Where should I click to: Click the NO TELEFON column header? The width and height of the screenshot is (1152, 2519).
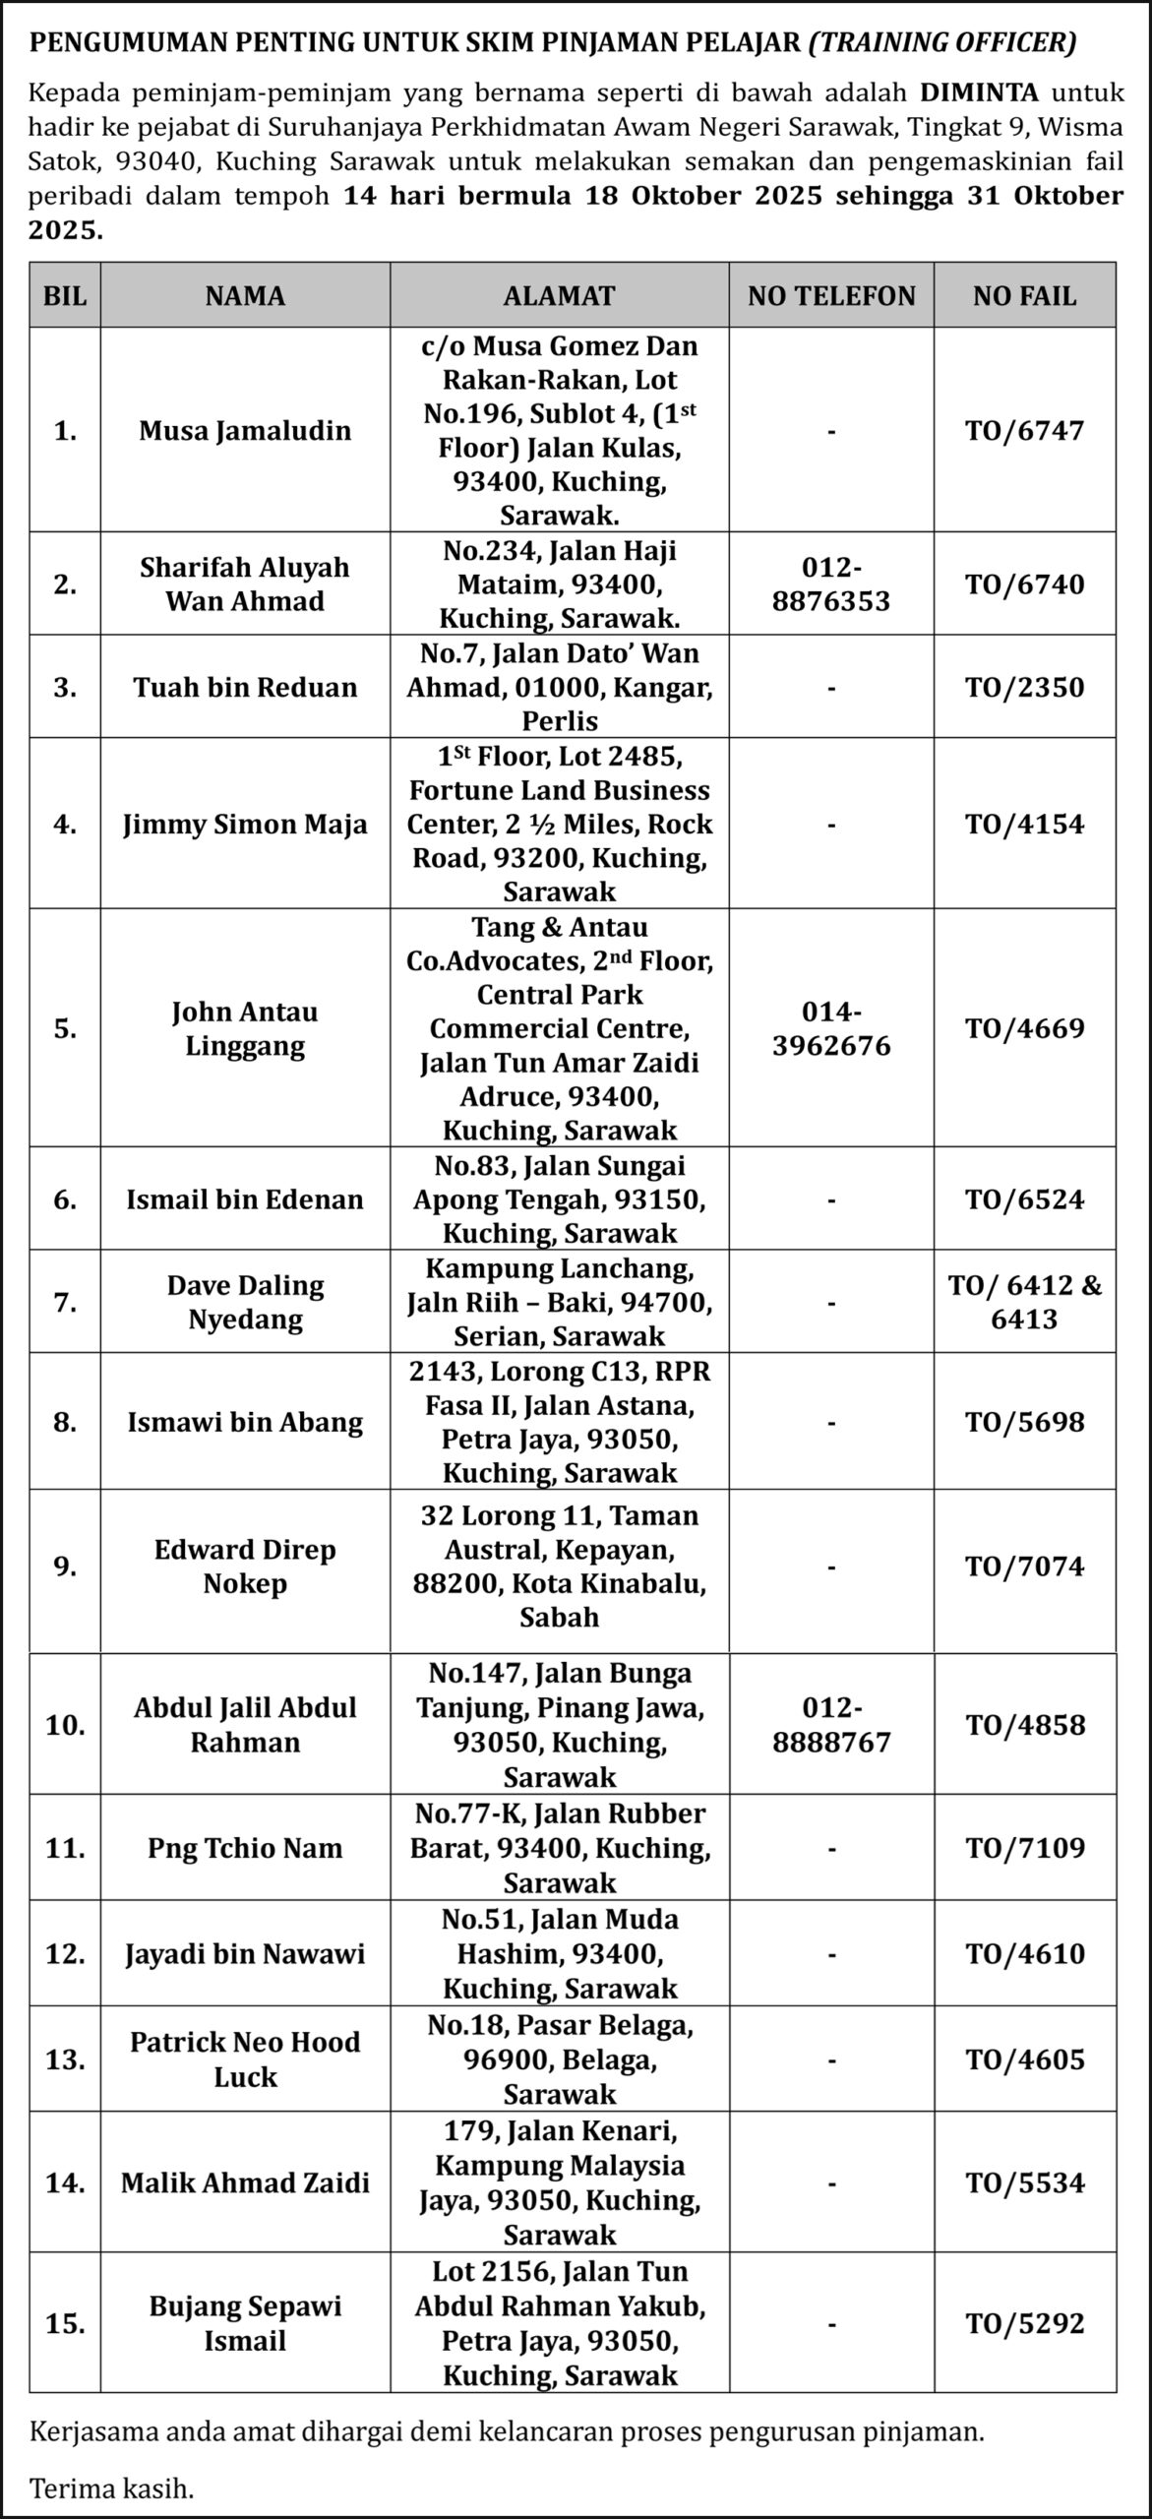point(831,295)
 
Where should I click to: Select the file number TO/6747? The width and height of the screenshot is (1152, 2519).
point(1024,430)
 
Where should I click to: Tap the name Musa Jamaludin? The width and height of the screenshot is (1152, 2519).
point(245,430)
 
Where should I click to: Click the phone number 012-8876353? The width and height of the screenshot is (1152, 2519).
point(831,584)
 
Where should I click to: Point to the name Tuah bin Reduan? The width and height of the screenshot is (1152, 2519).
point(245,687)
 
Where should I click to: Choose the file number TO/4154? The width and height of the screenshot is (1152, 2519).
point(1024,824)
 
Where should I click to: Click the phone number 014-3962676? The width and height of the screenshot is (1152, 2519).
point(831,1028)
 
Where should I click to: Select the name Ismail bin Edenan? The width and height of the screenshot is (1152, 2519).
point(245,1199)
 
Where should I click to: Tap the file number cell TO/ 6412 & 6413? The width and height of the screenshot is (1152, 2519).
point(1024,1302)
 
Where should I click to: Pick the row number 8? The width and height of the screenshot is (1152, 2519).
point(65,1422)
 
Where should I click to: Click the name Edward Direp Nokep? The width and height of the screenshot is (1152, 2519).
point(245,1567)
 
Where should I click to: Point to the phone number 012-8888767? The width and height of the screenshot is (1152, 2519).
point(831,1725)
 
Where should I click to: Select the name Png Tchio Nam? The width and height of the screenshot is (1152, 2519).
point(245,1848)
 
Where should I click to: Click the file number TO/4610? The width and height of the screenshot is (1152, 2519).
point(1024,1953)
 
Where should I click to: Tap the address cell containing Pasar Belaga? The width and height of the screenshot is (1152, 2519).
point(560,2059)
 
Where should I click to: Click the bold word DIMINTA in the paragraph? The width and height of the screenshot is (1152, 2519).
point(979,93)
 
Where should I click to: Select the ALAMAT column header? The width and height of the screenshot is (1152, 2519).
point(559,295)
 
